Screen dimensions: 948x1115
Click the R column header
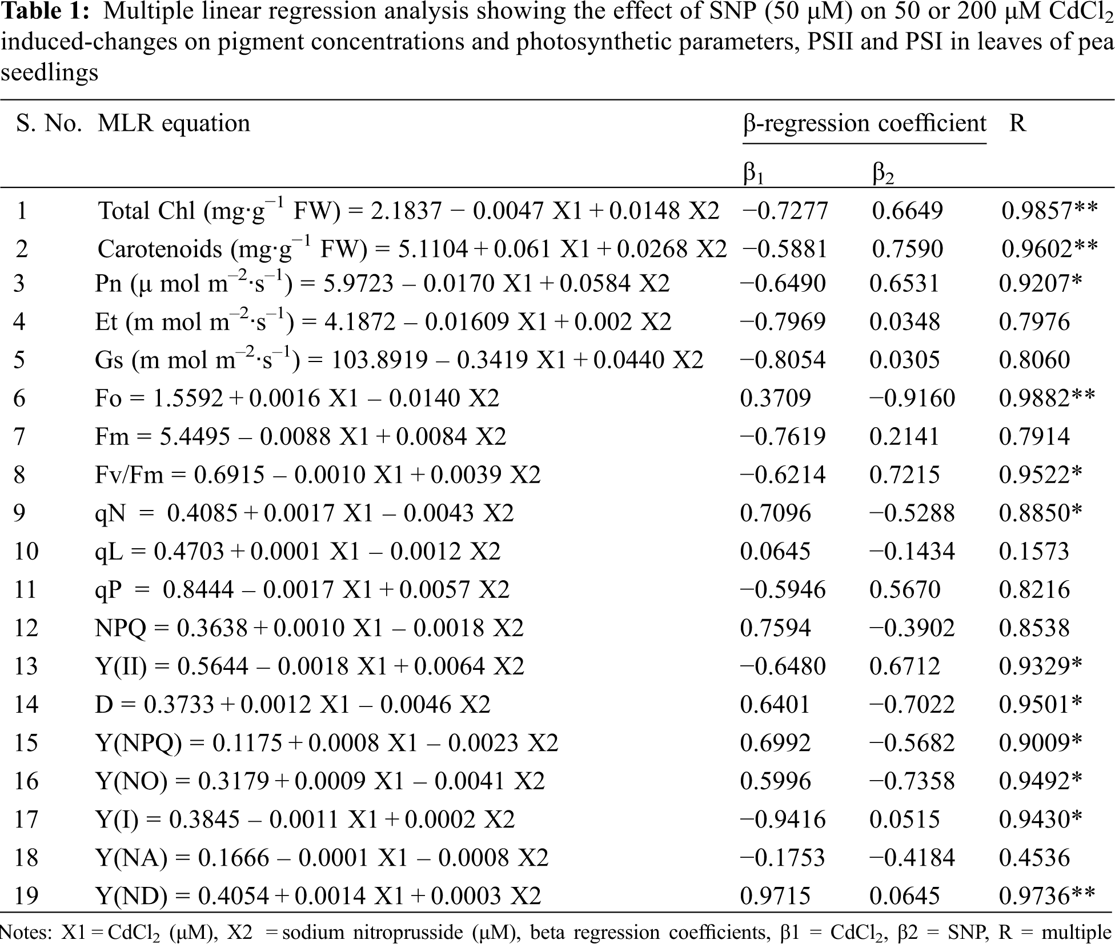(x=1017, y=123)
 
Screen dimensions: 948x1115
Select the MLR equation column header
(x=174, y=123)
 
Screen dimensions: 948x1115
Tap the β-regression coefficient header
(x=864, y=123)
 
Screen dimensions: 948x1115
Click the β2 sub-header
(x=883, y=172)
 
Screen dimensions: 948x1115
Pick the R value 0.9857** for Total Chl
(x=1049, y=211)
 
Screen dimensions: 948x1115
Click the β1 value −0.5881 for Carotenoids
(x=784, y=248)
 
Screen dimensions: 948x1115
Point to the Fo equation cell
(x=297, y=398)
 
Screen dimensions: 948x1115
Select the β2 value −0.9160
(x=912, y=398)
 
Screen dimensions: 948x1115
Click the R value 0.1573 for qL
(x=1034, y=551)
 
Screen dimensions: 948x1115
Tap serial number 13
(x=26, y=666)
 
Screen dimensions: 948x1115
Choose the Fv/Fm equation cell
(x=318, y=475)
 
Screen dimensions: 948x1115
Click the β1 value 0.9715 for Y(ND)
(x=775, y=895)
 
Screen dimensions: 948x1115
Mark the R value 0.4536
(x=1034, y=857)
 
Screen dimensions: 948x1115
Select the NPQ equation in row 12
(x=309, y=628)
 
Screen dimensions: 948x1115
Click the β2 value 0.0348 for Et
(x=904, y=322)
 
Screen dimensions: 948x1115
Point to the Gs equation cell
(x=399, y=360)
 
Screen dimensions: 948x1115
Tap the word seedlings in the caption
(x=49, y=73)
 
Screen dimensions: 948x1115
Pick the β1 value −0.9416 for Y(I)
(x=783, y=820)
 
